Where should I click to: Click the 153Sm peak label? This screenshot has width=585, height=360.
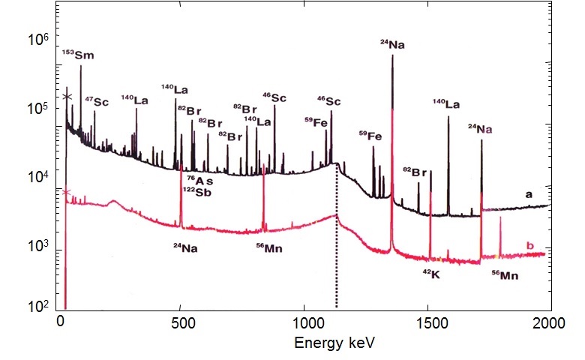78,55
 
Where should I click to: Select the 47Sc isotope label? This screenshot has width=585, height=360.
97,101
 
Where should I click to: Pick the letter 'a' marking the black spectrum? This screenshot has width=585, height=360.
529,194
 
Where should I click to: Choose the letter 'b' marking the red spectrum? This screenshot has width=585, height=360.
530,245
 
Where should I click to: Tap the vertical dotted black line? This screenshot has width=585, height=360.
336,262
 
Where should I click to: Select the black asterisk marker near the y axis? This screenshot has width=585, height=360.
67,97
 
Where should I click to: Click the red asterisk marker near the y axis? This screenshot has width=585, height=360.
66,193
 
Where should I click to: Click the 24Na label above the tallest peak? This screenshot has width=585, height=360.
392,45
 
